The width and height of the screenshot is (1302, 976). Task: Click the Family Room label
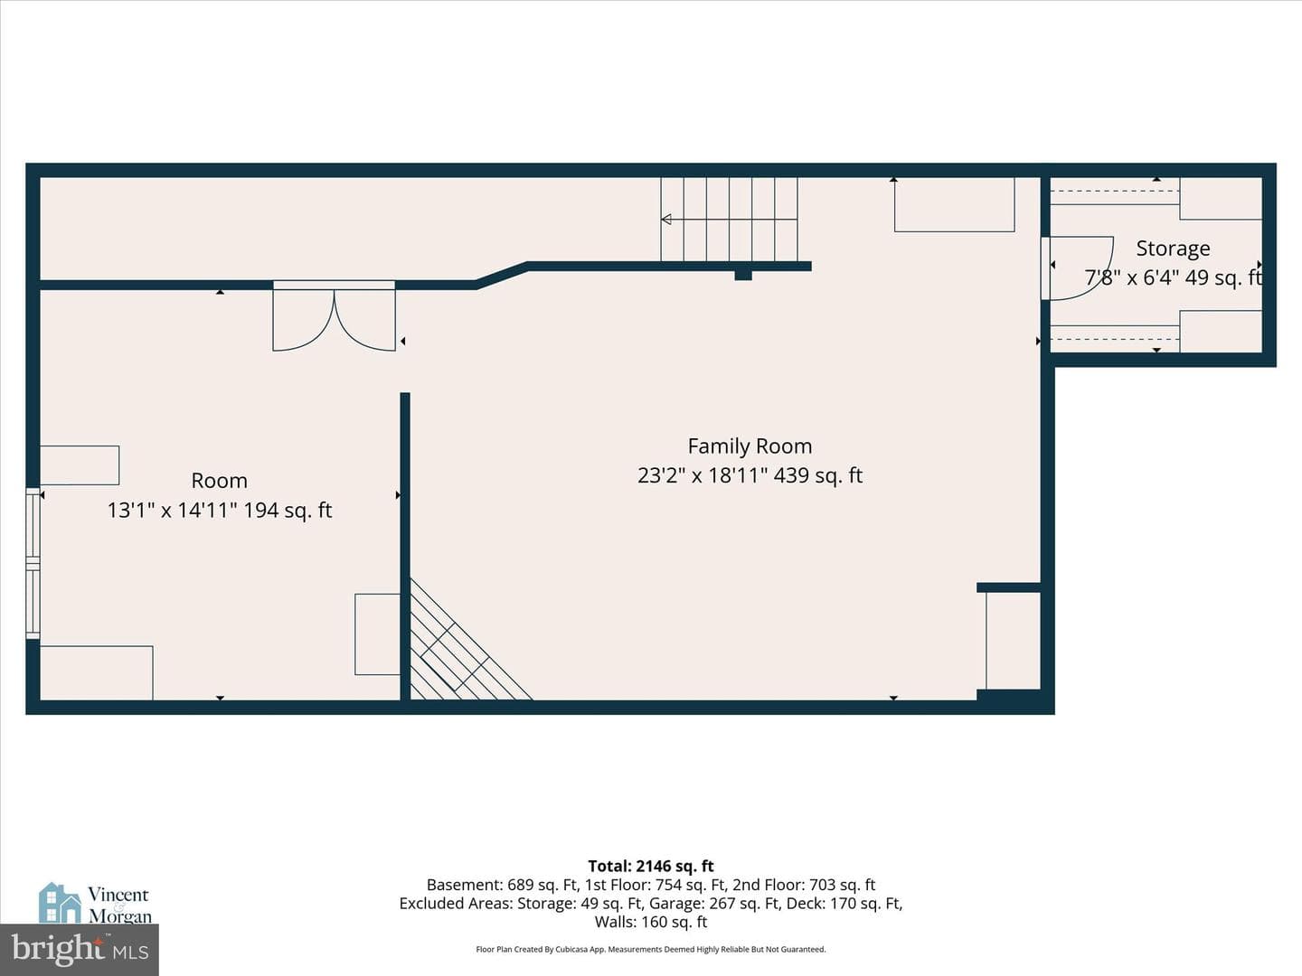tap(750, 446)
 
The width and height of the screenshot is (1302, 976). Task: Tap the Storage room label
tap(1173, 249)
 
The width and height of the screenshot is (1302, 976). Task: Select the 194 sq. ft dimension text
tap(288, 511)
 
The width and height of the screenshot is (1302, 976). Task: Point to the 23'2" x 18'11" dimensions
tap(703, 475)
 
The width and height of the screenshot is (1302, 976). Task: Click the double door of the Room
tap(334, 317)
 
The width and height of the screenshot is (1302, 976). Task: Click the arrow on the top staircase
tap(729, 220)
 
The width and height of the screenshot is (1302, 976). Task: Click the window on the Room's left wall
tap(33, 563)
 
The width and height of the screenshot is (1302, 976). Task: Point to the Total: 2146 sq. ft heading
tap(651, 867)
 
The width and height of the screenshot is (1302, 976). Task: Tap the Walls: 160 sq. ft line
tap(651, 922)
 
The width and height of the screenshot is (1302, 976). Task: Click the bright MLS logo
tap(80, 949)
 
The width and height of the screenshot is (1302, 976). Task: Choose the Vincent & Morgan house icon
tap(60, 903)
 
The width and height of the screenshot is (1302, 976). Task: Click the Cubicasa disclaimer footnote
tap(651, 949)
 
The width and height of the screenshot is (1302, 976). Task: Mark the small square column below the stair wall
tap(743, 276)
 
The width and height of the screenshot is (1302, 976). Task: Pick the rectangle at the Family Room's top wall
tap(955, 204)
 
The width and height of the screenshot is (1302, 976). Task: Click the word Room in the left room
tap(219, 481)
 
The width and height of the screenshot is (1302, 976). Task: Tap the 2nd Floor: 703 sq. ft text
tap(804, 886)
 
